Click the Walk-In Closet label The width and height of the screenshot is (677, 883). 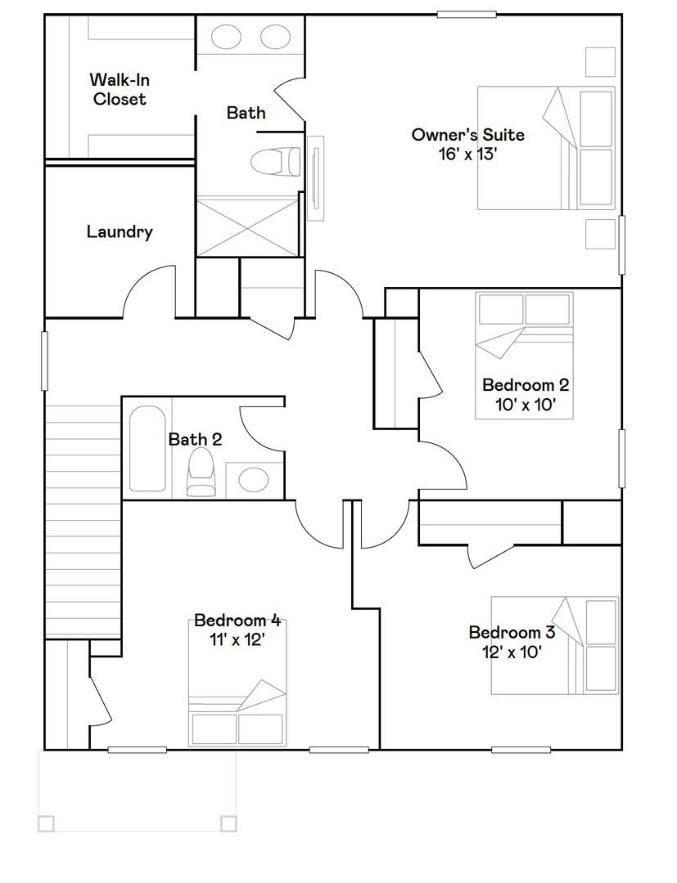[x=119, y=89]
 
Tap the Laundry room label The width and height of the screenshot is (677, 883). [x=120, y=231]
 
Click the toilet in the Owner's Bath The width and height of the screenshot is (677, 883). [x=274, y=161]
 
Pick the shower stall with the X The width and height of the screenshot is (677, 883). [x=248, y=226]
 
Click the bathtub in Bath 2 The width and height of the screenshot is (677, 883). [x=147, y=447]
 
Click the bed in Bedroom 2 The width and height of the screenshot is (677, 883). [x=524, y=355]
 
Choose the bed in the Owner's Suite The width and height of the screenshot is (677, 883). [x=545, y=149]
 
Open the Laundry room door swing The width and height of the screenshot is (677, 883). [x=149, y=292]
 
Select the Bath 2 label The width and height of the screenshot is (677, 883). [x=195, y=439]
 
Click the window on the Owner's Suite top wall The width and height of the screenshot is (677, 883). [x=467, y=14]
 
